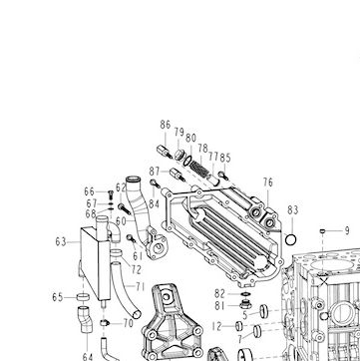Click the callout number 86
point(166,125)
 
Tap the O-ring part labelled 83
point(291,239)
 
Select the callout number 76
point(268,182)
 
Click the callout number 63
point(61,242)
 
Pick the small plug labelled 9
point(322,231)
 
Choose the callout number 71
point(141,286)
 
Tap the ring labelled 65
point(83,297)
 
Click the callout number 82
point(219,294)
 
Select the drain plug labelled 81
point(244,304)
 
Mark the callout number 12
point(216,326)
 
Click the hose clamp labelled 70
point(105,322)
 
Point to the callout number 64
point(88,357)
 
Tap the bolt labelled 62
point(125,208)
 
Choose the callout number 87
point(155,172)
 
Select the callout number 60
point(121,221)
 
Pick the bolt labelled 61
point(131,238)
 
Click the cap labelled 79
point(180,154)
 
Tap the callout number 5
point(245,315)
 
